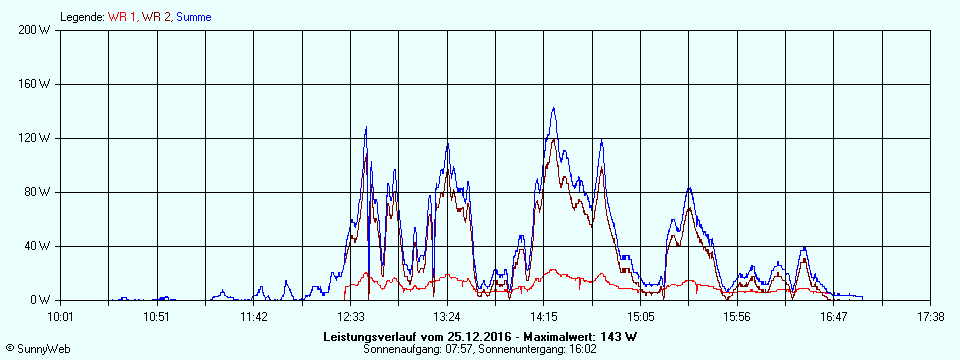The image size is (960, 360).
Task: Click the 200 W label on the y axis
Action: coord(35,30)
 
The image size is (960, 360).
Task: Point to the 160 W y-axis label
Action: coord(35,84)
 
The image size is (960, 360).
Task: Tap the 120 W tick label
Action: coord(35,138)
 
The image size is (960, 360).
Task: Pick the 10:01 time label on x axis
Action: coord(61,317)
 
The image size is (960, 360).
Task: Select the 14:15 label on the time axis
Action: coord(543,317)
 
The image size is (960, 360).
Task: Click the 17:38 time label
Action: coord(929,317)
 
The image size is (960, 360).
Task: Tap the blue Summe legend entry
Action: coord(193,17)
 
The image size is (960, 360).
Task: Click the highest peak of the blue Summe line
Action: coord(553,108)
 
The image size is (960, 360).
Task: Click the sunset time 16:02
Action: coord(582,349)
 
